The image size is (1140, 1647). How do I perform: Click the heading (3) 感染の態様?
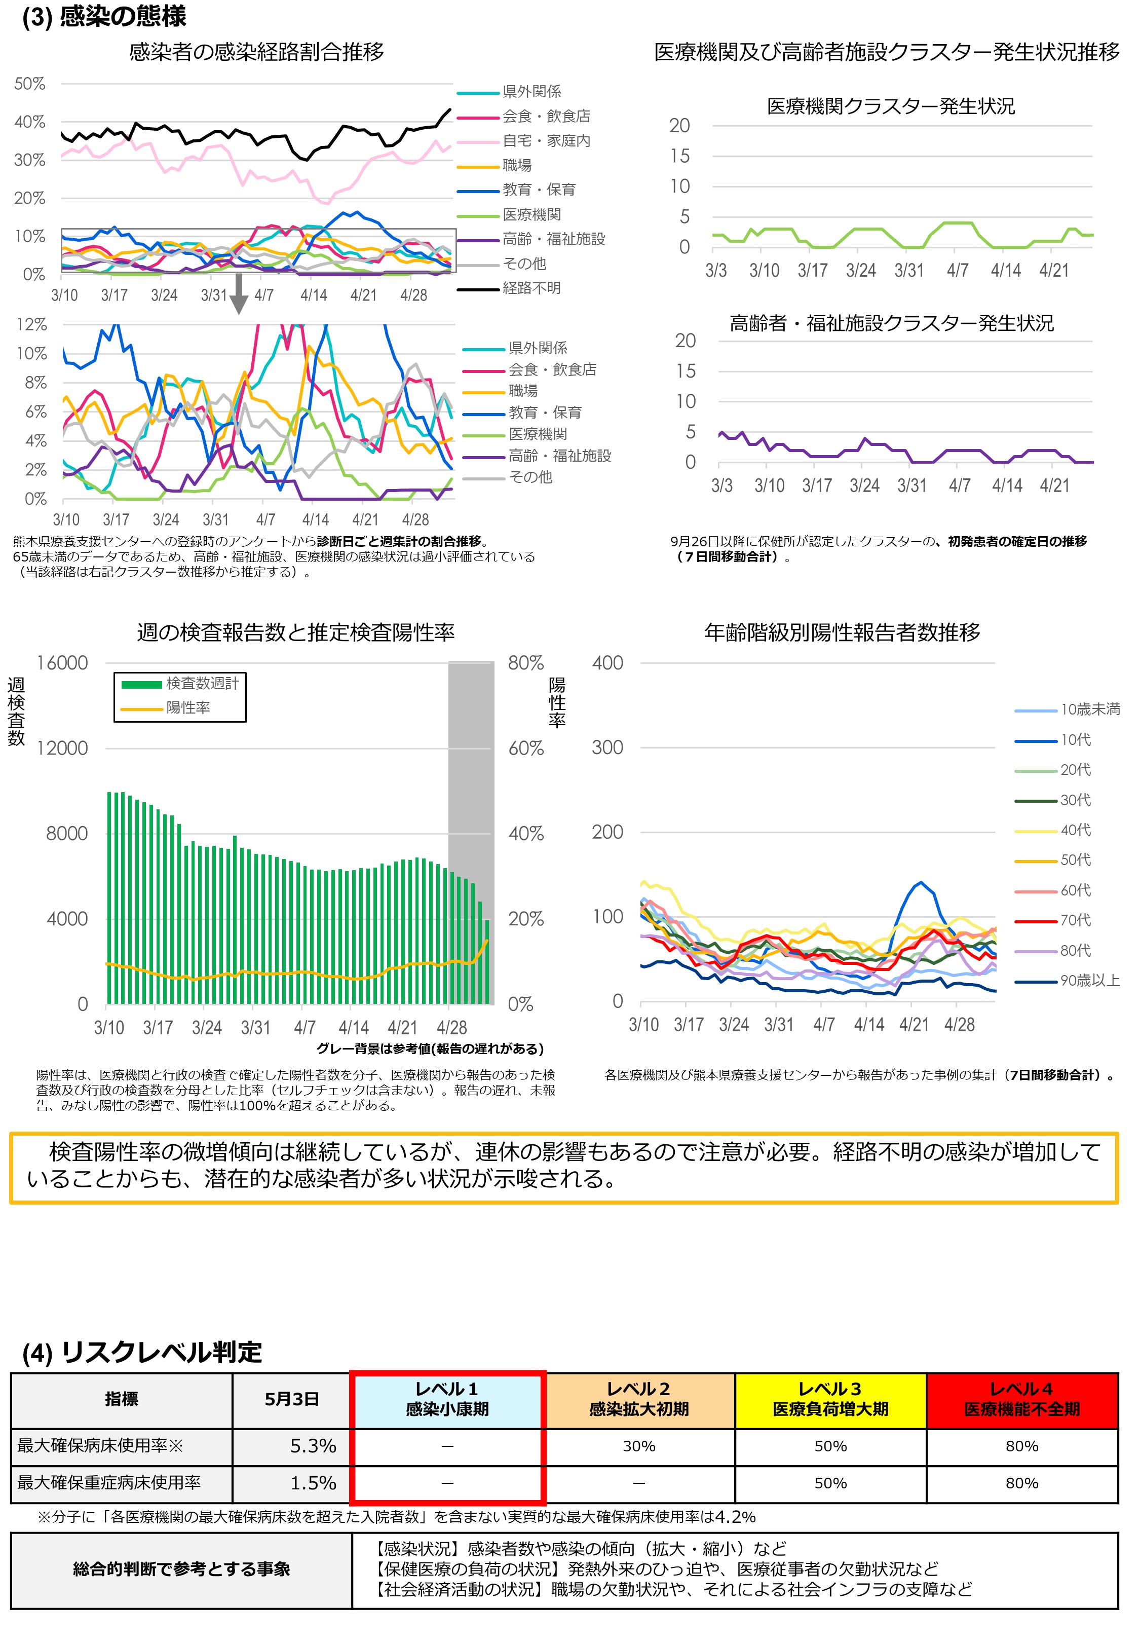[104, 16]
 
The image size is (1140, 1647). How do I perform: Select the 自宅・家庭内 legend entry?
[546, 141]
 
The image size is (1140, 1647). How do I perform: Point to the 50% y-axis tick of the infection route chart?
[30, 84]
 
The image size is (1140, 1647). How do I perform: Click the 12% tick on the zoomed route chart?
[32, 324]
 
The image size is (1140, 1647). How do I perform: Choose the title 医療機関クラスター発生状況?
[890, 106]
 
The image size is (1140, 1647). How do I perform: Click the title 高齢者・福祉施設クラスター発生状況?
[891, 323]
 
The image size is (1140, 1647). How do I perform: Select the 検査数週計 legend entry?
[202, 684]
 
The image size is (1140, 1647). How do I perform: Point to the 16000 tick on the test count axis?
[63, 663]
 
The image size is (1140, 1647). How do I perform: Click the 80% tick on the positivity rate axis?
[526, 663]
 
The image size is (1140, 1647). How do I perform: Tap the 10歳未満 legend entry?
[1089, 709]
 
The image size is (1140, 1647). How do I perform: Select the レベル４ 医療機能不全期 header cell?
[1021, 1399]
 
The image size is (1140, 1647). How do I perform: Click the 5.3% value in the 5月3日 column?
[313, 1446]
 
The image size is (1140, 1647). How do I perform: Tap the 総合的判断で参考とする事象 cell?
[181, 1569]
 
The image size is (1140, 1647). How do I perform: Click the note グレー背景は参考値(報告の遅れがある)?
[430, 1049]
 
